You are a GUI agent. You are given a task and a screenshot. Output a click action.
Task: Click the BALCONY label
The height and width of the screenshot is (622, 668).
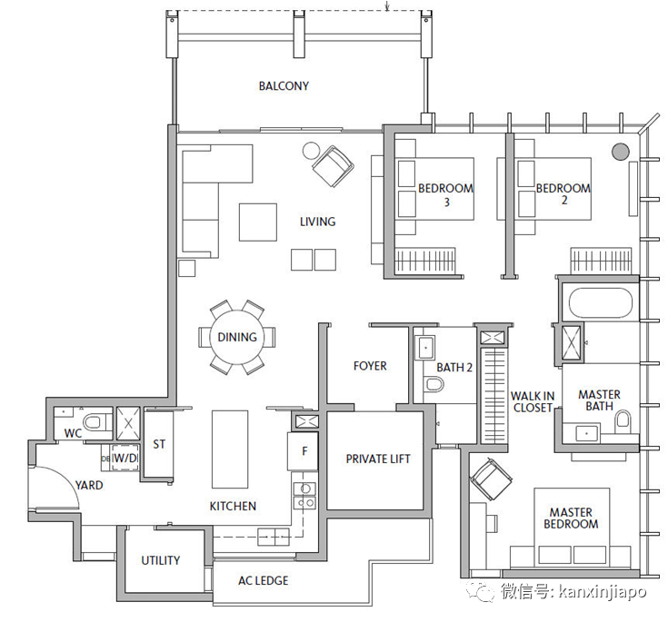(x=284, y=86)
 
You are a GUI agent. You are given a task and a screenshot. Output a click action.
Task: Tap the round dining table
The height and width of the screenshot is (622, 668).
(x=237, y=337)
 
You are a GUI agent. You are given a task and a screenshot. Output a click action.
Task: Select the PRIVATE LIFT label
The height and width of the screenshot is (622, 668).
(x=378, y=459)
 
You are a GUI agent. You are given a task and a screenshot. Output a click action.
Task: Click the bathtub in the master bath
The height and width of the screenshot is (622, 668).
(x=600, y=302)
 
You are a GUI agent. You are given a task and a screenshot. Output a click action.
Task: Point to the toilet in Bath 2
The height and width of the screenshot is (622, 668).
(x=434, y=384)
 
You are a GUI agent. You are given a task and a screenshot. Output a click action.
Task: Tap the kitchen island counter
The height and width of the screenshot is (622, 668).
(x=230, y=449)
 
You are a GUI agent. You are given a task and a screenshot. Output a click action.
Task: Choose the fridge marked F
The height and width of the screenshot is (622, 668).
(x=303, y=451)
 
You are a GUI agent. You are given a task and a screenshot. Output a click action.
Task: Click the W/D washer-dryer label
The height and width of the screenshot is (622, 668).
(x=125, y=458)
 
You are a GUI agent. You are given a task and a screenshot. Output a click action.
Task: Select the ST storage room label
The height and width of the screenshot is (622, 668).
(x=159, y=444)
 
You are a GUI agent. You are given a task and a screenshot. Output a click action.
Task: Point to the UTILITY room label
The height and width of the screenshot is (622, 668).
(x=161, y=560)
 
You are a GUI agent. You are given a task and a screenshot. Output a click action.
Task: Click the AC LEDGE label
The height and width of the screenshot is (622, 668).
(x=264, y=580)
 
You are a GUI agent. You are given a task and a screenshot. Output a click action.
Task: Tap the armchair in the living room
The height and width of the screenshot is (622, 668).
(x=333, y=166)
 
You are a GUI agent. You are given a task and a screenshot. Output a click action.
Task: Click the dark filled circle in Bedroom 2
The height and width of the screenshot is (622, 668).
(x=620, y=152)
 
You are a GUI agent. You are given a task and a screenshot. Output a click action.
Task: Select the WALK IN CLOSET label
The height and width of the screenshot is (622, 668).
(x=533, y=402)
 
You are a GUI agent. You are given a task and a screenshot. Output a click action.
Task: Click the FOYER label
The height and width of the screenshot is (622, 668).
(x=370, y=366)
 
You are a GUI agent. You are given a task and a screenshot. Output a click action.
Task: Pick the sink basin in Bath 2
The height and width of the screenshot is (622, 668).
(x=425, y=349)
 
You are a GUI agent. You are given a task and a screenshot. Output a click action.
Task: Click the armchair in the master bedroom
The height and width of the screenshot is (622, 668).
(x=491, y=479)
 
